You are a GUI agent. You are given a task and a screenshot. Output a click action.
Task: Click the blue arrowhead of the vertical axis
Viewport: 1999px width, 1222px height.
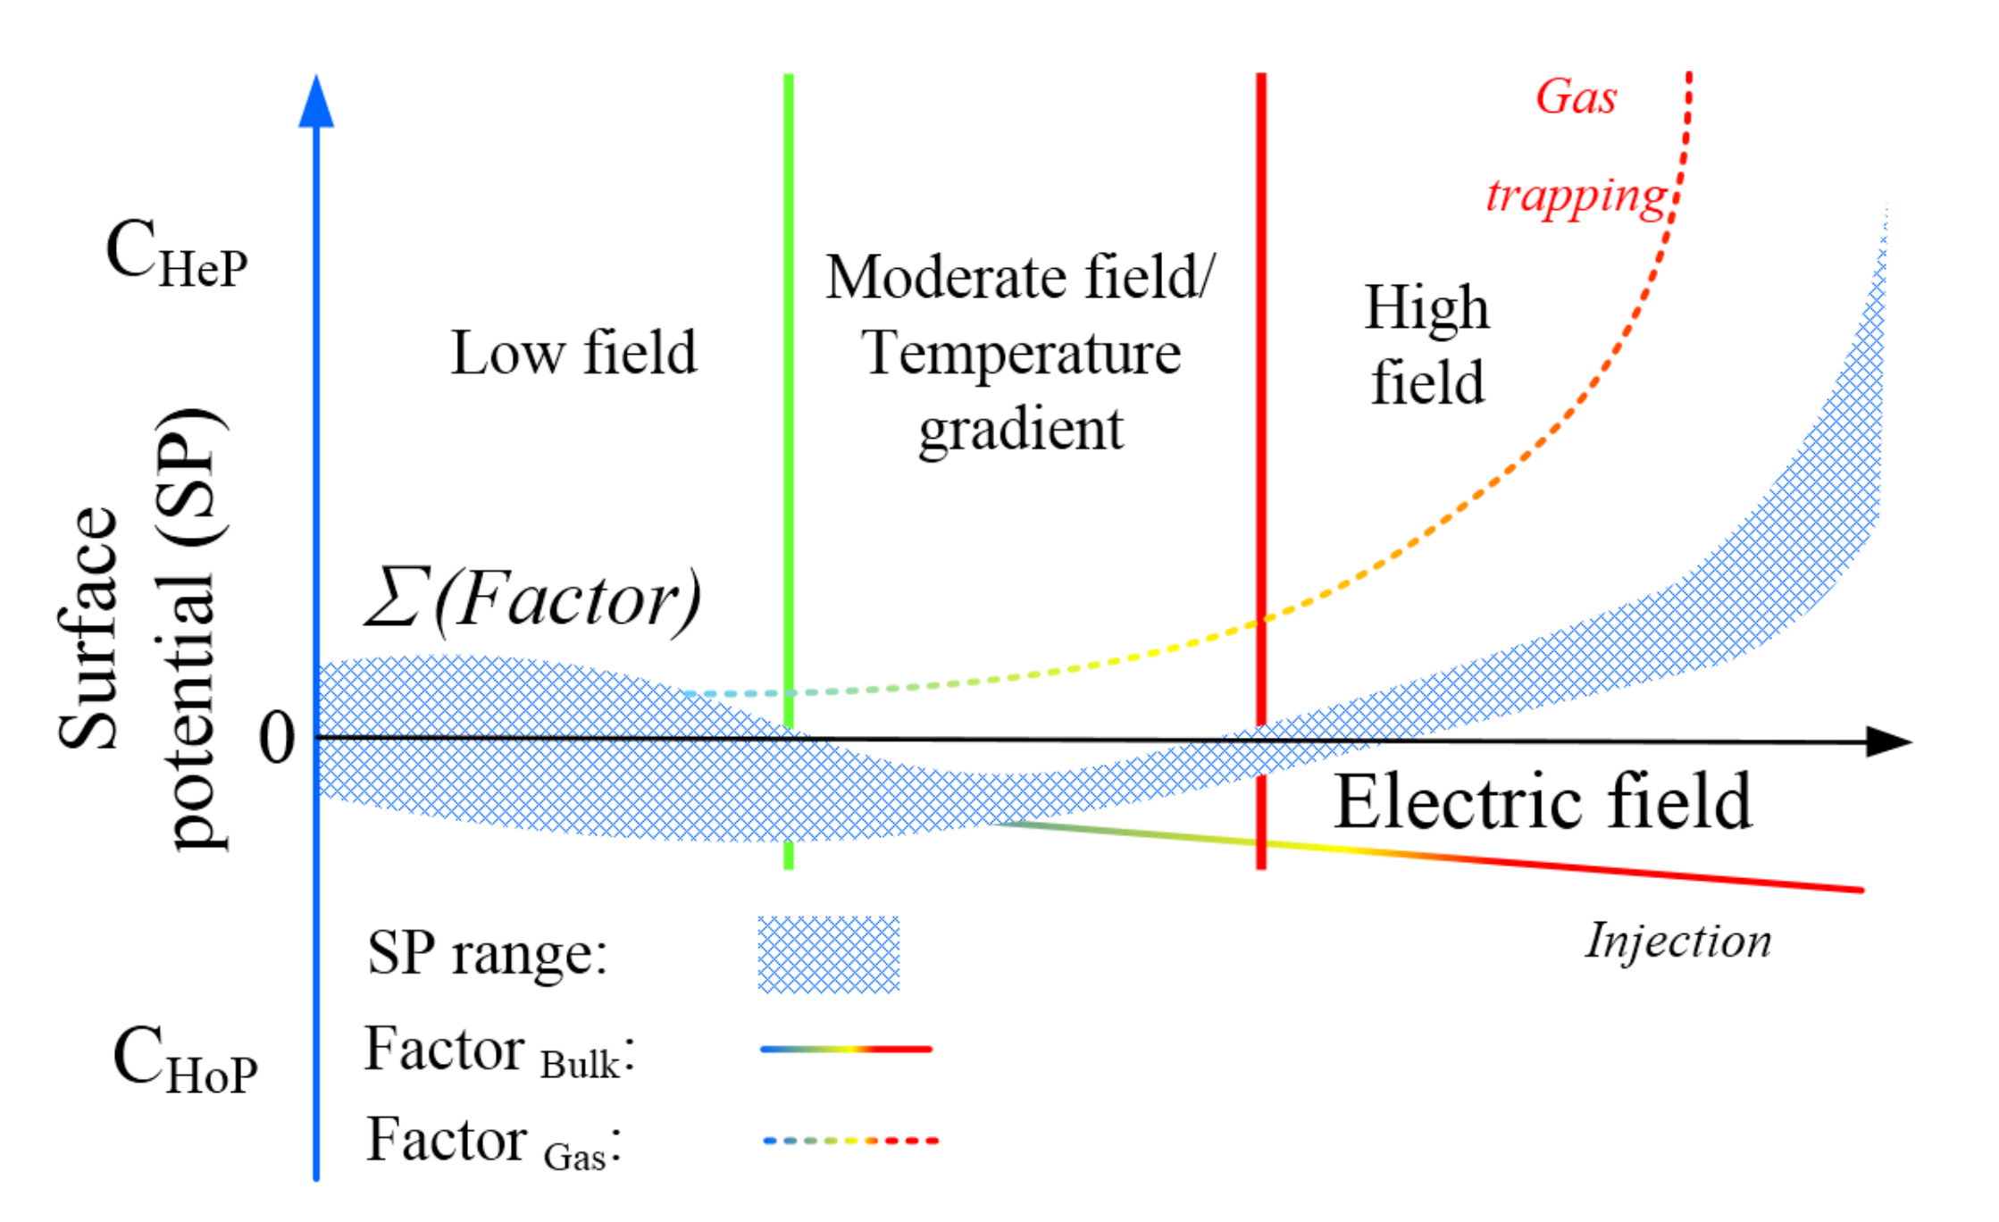click(x=316, y=104)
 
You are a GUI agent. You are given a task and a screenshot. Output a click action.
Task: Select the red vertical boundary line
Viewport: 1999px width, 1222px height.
click(x=1261, y=357)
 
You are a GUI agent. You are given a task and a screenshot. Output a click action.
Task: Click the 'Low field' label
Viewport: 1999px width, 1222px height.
click(x=573, y=353)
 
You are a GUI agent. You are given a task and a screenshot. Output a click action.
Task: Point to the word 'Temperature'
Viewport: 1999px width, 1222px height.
click(x=1021, y=354)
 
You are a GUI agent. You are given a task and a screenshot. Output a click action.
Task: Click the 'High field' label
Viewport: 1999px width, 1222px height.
click(x=1426, y=345)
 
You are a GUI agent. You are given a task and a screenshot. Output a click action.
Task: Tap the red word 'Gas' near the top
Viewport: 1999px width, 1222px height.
click(x=1576, y=96)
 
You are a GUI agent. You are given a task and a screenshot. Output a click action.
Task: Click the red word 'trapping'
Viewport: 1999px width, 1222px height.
click(x=1576, y=196)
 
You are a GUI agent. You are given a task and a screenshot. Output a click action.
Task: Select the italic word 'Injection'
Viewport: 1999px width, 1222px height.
click(x=1677, y=941)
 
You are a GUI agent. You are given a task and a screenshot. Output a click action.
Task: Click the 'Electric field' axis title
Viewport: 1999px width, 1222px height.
click(x=1542, y=802)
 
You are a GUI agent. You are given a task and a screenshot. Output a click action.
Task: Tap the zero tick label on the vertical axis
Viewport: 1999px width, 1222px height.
click(x=276, y=739)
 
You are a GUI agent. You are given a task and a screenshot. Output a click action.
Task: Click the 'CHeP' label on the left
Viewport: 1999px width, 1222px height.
click(x=176, y=254)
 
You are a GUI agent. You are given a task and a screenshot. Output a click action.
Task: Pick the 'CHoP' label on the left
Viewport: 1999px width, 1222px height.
click(x=184, y=1060)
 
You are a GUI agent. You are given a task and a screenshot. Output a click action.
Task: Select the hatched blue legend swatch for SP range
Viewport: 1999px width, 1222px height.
click(x=828, y=954)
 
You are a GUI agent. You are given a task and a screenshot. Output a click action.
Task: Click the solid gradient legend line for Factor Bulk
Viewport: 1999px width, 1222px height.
click(x=845, y=1049)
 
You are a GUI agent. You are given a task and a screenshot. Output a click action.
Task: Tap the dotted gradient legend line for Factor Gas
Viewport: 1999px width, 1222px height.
click(x=850, y=1141)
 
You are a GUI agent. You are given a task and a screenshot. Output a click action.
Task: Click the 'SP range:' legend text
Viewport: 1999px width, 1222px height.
click(x=487, y=953)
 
